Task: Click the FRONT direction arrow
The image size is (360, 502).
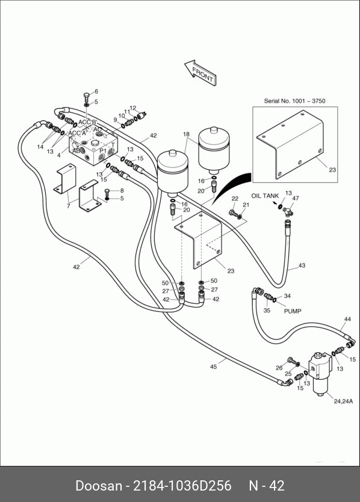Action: [x=200, y=72]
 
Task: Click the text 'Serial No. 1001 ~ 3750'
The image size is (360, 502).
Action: [x=294, y=101]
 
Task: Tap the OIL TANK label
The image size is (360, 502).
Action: [x=265, y=196]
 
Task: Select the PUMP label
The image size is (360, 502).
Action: [x=293, y=311]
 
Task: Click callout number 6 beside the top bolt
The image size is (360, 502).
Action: [x=96, y=91]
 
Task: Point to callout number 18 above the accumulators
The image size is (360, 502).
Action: [x=187, y=134]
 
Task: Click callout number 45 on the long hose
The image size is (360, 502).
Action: [x=213, y=367]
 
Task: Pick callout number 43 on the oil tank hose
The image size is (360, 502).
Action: [x=302, y=265]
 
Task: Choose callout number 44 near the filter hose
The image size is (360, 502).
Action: [x=347, y=319]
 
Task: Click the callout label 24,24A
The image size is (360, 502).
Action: [x=343, y=401]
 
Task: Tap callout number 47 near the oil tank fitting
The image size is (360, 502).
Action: [x=296, y=198]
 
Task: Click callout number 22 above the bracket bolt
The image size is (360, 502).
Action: [x=235, y=199]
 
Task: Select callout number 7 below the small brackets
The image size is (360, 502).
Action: [x=68, y=206]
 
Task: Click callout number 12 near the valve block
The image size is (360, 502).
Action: [x=133, y=108]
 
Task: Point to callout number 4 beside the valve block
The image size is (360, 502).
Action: [x=59, y=155]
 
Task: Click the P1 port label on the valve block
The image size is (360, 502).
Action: [x=103, y=150]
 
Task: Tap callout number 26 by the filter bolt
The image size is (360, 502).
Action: [x=279, y=368]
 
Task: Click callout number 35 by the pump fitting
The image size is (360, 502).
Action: [x=267, y=310]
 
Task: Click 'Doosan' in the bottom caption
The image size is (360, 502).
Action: [x=99, y=486]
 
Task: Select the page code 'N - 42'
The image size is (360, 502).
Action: [x=267, y=486]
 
